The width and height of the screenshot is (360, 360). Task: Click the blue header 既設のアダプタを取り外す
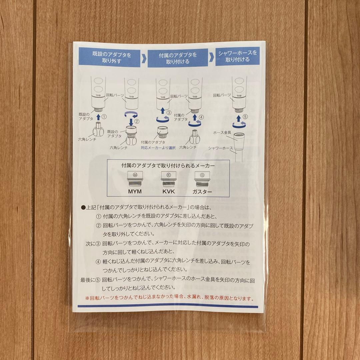(109, 57)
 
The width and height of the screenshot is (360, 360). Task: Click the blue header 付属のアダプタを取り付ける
(178, 58)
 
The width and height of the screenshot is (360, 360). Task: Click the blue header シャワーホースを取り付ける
(237, 56)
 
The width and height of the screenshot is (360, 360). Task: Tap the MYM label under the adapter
(135, 191)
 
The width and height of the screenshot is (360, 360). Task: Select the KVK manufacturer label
(169, 191)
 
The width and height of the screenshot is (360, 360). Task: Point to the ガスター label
(202, 192)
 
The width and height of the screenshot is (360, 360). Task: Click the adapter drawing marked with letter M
(135, 179)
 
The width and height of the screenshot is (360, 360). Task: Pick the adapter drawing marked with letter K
(169, 179)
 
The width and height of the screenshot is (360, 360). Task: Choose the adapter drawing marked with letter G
(202, 179)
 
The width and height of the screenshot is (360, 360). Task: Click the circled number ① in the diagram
(104, 117)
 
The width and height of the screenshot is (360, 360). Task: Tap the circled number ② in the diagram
(137, 121)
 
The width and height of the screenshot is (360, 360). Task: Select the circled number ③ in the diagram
(169, 113)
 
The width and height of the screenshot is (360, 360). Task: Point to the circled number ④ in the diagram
(201, 117)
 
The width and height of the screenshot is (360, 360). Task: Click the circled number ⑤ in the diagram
(245, 117)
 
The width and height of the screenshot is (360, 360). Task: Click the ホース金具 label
(222, 132)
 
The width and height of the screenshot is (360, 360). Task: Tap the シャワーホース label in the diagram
(220, 148)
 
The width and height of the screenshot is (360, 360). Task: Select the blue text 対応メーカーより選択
(158, 148)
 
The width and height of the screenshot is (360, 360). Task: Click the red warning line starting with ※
(170, 298)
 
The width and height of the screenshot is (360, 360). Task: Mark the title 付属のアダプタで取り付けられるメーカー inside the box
(168, 165)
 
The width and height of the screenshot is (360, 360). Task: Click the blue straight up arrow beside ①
(98, 117)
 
